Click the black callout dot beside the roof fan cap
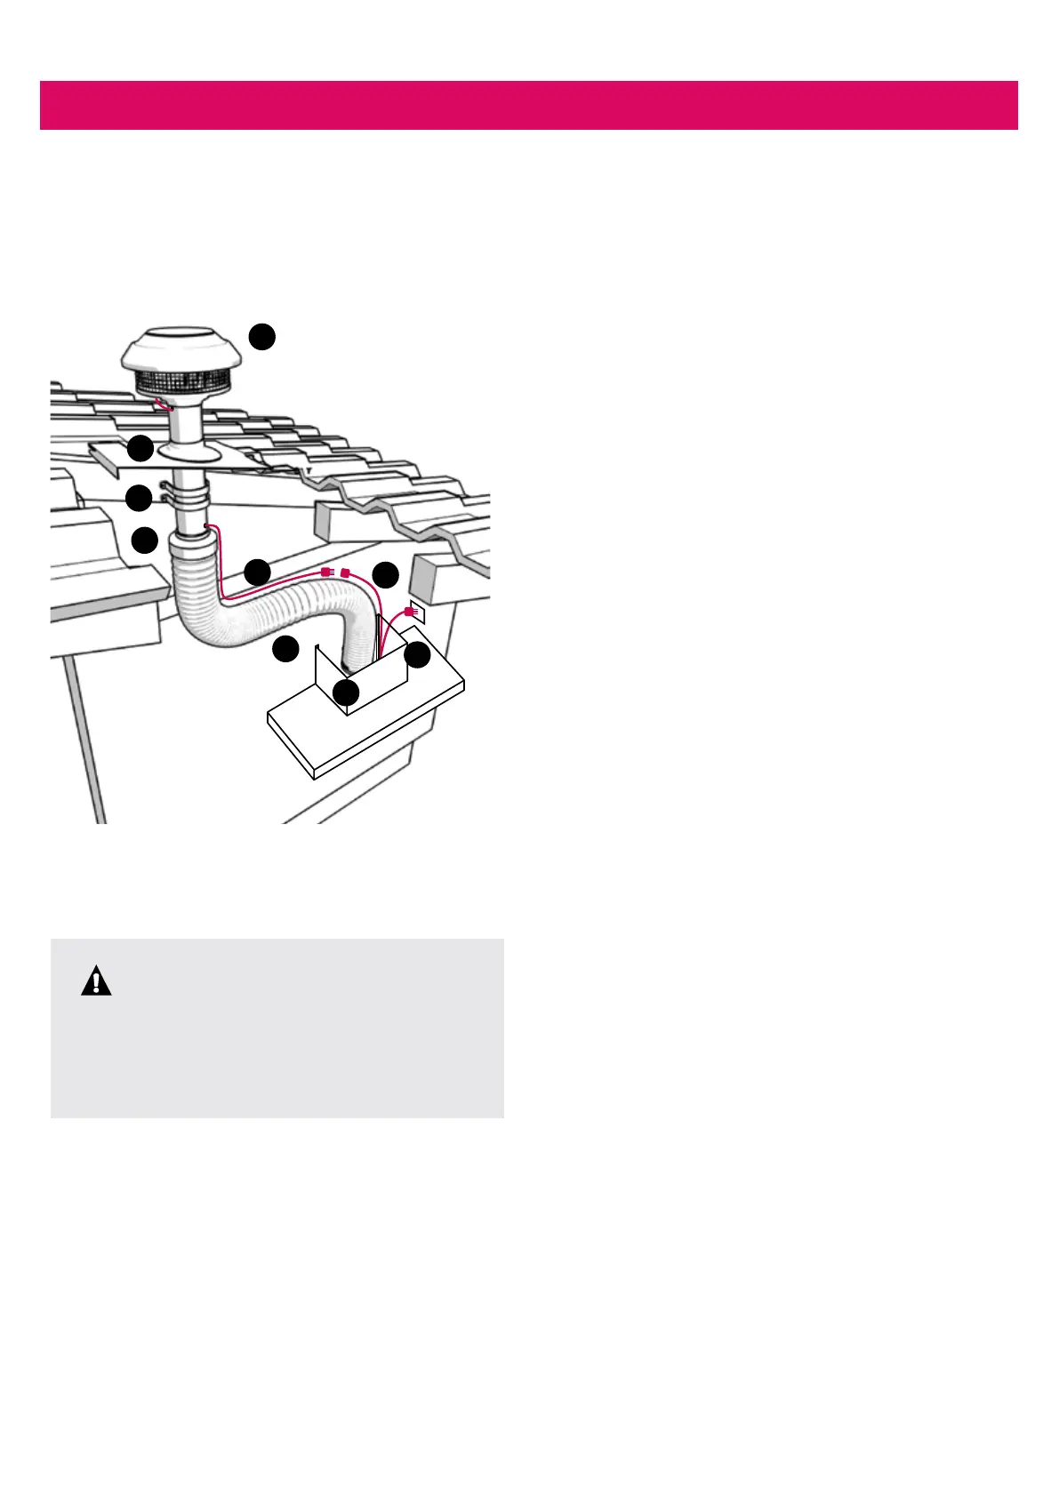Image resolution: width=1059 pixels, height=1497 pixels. click(261, 337)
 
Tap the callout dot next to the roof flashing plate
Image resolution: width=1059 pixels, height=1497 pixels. click(140, 448)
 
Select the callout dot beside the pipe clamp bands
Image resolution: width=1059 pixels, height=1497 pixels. click(139, 498)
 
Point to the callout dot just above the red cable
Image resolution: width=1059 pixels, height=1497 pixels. click(258, 572)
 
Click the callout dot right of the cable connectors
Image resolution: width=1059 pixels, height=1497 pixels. click(386, 574)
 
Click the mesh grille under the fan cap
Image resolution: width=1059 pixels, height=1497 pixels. click(182, 385)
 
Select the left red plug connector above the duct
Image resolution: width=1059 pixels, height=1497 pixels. click(326, 573)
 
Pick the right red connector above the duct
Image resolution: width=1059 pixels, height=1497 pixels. click(345, 573)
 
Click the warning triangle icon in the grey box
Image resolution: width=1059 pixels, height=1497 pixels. click(96, 981)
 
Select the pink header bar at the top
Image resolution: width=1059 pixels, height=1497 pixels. click(528, 105)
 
